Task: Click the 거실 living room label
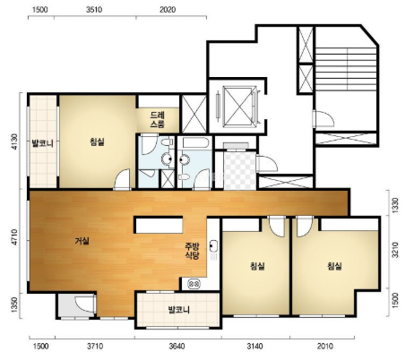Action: [x=82, y=241]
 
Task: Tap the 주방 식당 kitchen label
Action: [x=192, y=251]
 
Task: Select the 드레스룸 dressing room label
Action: [x=158, y=120]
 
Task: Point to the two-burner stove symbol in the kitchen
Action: [x=194, y=284]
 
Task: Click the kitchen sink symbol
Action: [x=213, y=246]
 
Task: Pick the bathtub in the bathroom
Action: [x=195, y=142]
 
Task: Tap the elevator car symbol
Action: [x=239, y=107]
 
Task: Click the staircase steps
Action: [x=346, y=69]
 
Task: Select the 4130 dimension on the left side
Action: [x=15, y=141]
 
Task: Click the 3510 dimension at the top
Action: [x=94, y=10]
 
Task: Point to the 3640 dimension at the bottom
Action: [x=177, y=347]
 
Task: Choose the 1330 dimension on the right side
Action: [x=395, y=205]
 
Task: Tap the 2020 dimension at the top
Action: [x=168, y=10]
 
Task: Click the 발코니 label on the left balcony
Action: [x=43, y=143]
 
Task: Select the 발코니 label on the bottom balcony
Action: [x=179, y=310]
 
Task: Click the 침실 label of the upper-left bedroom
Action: [x=98, y=141]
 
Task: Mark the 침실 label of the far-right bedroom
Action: [x=334, y=266]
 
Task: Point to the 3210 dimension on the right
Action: [x=395, y=250]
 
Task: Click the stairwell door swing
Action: [x=323, y=118]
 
